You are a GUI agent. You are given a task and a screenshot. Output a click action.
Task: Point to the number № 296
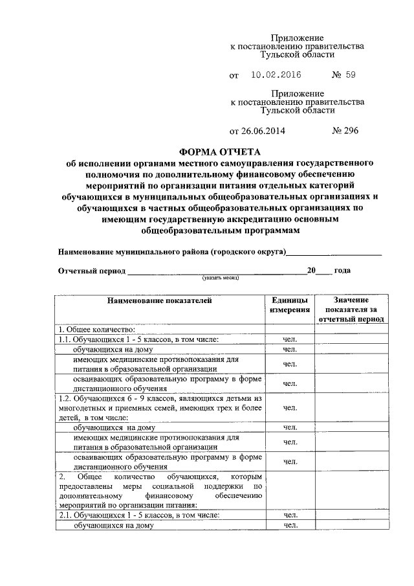click(345, 131)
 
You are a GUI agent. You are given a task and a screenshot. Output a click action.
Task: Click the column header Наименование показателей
click(159, 300)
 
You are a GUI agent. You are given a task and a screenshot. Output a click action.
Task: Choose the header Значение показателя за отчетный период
click(351, 310)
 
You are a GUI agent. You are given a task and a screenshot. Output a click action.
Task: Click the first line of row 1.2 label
click(158, 398)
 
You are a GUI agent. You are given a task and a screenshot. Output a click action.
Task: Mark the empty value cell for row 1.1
click(351, 339)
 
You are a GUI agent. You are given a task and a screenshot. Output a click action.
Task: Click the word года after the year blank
click(343, 271)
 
